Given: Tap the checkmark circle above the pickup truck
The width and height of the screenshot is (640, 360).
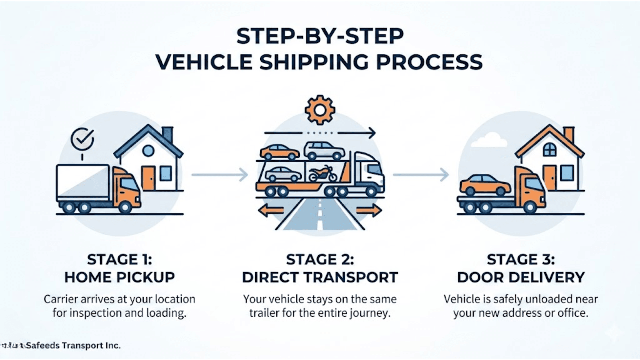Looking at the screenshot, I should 82,139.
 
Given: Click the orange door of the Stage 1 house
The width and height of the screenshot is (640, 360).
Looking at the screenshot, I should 148,178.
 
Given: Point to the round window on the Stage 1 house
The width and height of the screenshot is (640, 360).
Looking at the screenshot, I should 148,151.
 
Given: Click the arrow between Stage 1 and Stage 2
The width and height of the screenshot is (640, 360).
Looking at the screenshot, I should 220,174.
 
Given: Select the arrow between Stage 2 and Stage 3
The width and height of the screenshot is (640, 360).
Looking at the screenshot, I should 420,174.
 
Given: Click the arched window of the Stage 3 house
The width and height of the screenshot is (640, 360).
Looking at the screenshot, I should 550,150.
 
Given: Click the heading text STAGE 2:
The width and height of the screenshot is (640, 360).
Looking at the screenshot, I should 320,260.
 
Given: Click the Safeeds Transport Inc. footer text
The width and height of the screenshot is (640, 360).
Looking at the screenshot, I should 73,345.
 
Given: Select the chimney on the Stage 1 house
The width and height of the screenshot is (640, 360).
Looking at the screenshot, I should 167,134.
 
